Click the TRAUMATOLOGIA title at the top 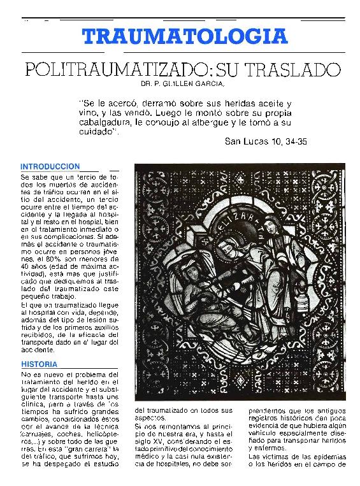(185, 36)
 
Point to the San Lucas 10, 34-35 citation (266, 142)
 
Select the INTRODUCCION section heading (50, 166)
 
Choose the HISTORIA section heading (38, 364)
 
